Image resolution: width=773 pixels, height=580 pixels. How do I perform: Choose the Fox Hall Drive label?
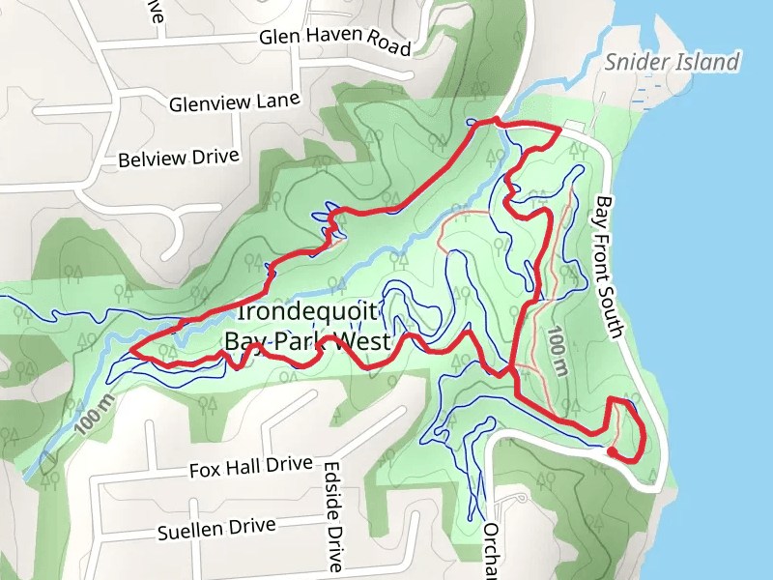[x=250, y=468]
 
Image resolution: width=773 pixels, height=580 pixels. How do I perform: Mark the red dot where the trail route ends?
[x=612, y=449]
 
